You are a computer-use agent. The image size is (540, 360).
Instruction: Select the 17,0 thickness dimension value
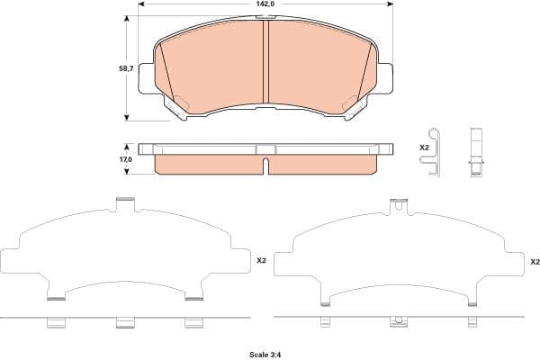tap(126, 158)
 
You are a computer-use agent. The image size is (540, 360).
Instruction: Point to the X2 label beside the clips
tap(425, 147)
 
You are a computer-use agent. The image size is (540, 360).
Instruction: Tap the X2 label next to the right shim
tap(534, 261)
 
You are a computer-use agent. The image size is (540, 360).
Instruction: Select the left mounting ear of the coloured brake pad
tap(147, 75)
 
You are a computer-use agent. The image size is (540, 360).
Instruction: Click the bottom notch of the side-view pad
tap(267, 165)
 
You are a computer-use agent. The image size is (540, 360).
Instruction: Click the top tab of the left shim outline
tap(125, 204)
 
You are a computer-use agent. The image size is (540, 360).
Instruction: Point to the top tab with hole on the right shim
tap(397, 207)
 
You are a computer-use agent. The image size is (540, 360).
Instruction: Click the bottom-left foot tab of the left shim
tap(55, 292)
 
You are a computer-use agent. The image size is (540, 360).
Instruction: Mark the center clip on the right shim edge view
tap(396, 321)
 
